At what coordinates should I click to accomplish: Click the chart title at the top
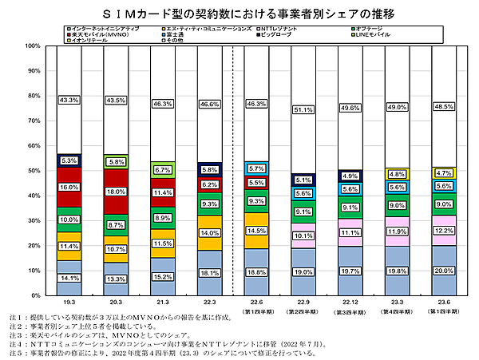(239, 14)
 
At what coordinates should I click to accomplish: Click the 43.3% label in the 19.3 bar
(69, 101)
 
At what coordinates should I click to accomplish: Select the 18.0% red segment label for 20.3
(115, 192)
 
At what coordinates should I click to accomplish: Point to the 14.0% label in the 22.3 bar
(208, 233)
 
